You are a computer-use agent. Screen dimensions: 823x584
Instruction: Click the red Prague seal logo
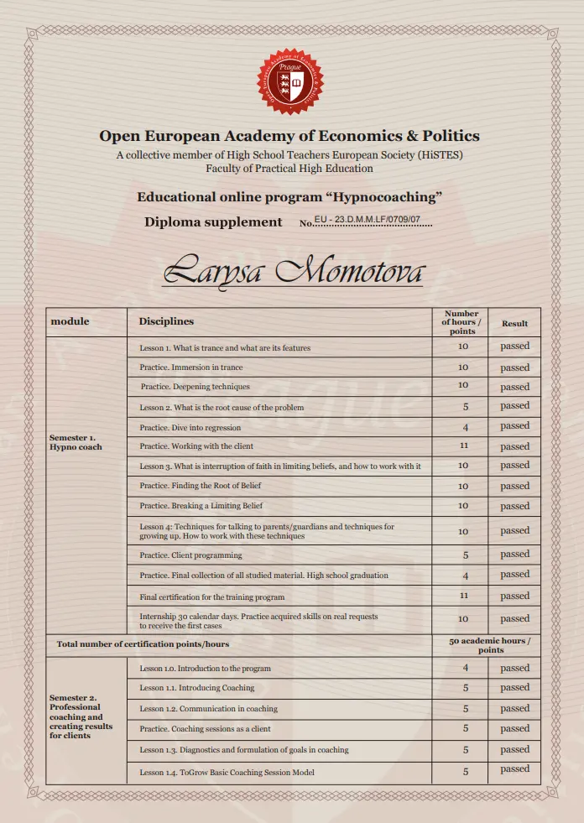click(290, 81)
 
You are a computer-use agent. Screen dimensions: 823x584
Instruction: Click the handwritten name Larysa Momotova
click(294, 271)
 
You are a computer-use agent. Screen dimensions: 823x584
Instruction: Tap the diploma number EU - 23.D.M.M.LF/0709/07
click(367, 221)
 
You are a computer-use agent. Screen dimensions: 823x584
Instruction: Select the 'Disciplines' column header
click(166, 321)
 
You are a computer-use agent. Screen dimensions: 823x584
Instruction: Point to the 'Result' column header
click(514, 323)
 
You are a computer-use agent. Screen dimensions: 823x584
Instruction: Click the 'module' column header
click(70, 321)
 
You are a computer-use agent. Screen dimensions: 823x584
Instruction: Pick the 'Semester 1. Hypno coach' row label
click(76, 442)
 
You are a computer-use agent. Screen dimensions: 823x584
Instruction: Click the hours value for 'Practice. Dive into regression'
click(463, 427)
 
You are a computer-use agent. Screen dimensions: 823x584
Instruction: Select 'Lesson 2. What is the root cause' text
click(222, 408)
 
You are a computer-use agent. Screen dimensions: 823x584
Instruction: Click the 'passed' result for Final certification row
click(514, 596)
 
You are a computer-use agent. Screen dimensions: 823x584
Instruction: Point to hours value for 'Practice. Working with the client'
click(463, 446)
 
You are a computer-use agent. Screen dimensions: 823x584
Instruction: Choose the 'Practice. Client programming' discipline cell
click(190, 555)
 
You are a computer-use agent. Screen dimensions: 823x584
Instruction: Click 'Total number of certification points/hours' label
click(142, 644)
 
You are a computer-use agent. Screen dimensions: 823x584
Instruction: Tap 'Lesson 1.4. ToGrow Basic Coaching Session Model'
click(227, 772)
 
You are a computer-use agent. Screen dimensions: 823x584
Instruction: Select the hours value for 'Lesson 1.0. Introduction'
click(463, 669)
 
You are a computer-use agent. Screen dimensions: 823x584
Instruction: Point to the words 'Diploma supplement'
click(213, 222)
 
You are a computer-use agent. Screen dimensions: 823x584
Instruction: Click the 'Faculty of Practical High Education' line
click(289, 168)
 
